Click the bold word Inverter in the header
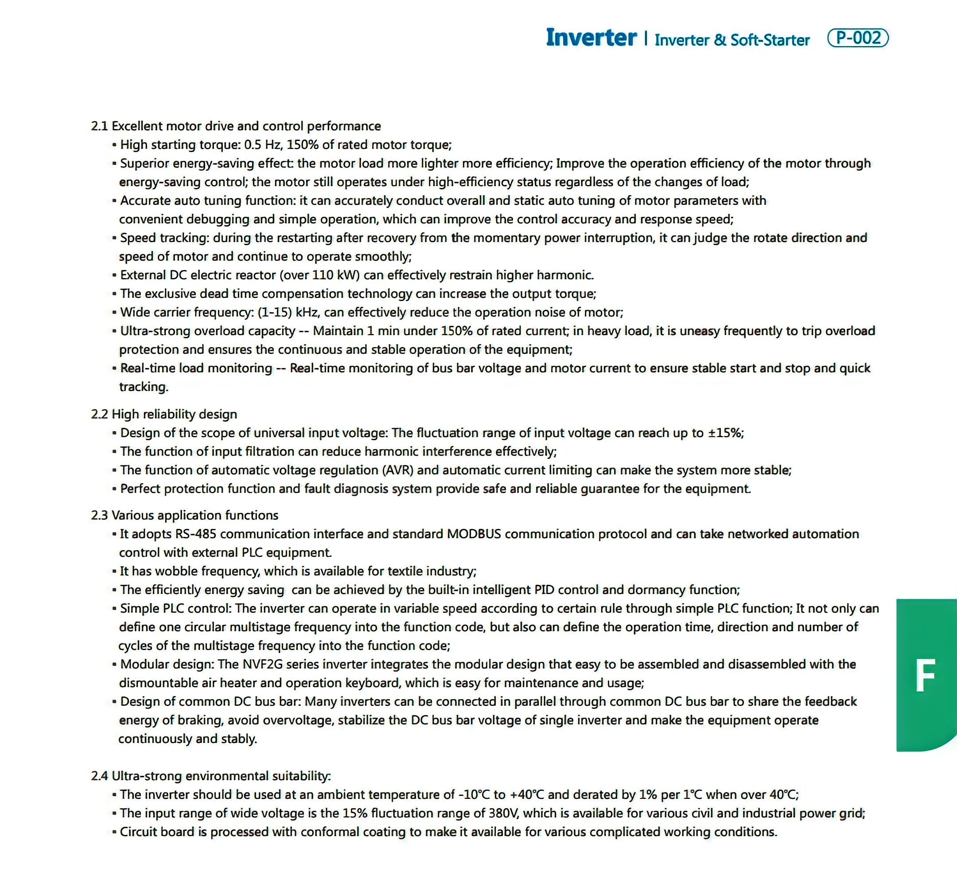point(591,38)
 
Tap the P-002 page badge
point(858,38)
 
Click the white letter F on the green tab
point(925,676)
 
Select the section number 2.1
point(99,126)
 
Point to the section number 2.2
point(99,414)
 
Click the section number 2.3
point(99,515)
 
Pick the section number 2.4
point(99,776)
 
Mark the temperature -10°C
point(474,794)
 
